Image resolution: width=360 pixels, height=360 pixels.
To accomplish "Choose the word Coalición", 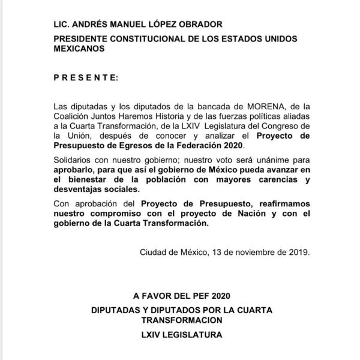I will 74,116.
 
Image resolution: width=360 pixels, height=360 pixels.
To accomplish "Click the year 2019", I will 296,252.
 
